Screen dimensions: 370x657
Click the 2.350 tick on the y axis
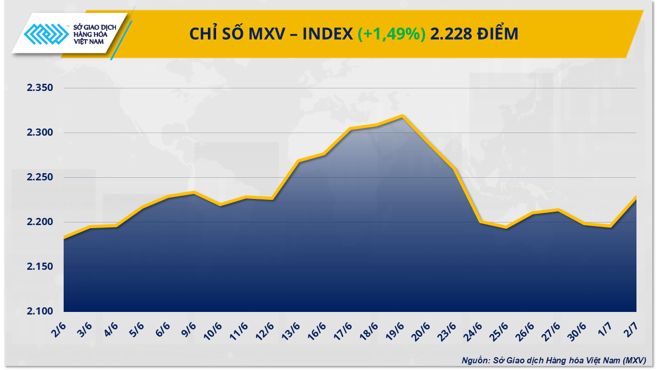40,88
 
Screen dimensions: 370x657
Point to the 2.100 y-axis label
40,311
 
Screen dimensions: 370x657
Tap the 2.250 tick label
40,178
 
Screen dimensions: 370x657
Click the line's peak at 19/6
402,116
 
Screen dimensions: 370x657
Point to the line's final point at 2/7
636,197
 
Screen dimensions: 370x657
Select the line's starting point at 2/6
64,237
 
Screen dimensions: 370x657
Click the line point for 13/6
298,161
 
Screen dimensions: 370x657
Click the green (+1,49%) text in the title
391,34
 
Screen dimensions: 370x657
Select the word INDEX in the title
327,34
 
